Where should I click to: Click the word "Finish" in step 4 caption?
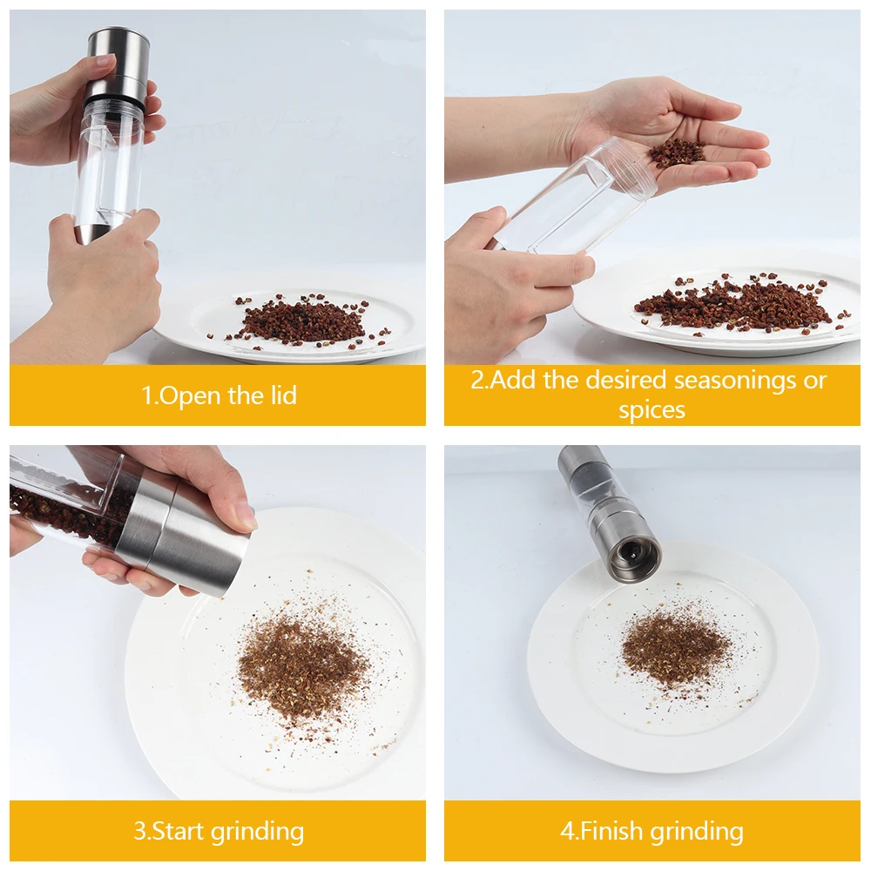click(x=610, y=831)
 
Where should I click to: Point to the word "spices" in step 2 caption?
click(x=652, y=410)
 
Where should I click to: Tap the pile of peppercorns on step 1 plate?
click(x=301, y=320)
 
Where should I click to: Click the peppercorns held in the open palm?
click(x=676, y=152)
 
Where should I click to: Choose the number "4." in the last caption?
click(x=570, y=831)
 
